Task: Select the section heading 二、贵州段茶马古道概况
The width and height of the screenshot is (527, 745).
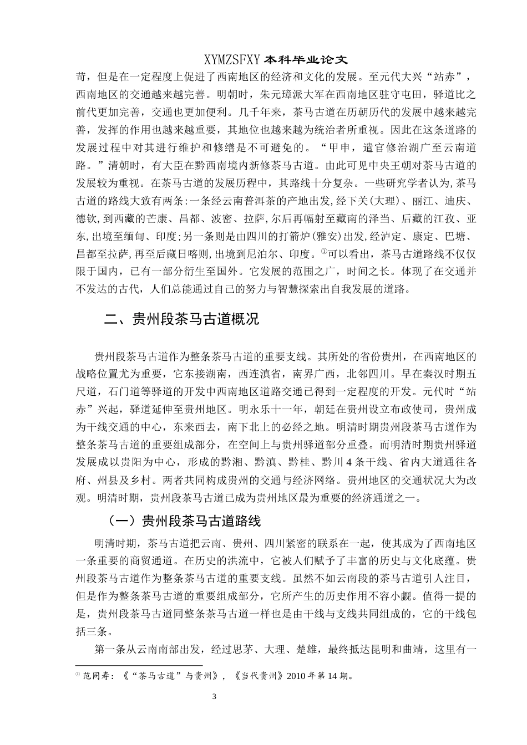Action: (x=182, y=319)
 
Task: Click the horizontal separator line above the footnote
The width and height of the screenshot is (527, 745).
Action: (x=139, y=666)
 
